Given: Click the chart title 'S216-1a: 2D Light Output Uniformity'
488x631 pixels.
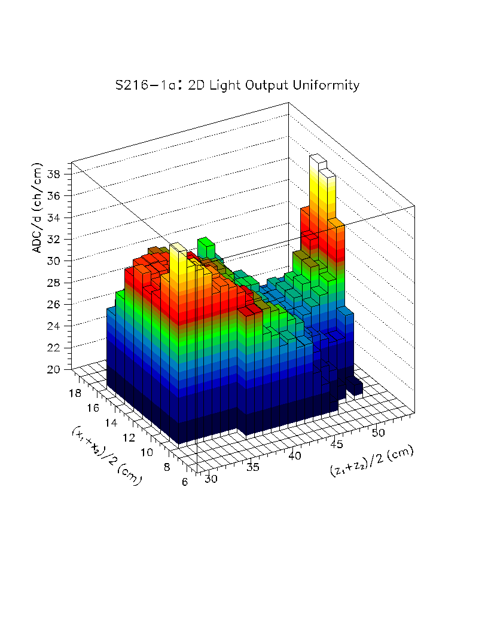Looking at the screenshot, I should click(237, 85).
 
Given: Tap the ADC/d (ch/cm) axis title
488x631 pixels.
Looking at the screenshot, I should click(38, 207).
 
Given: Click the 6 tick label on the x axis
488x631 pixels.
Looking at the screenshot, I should click(186, 482).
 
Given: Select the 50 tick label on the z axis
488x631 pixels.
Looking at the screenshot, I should click(379, 431).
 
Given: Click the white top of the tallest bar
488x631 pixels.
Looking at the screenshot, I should click(318, 160).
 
